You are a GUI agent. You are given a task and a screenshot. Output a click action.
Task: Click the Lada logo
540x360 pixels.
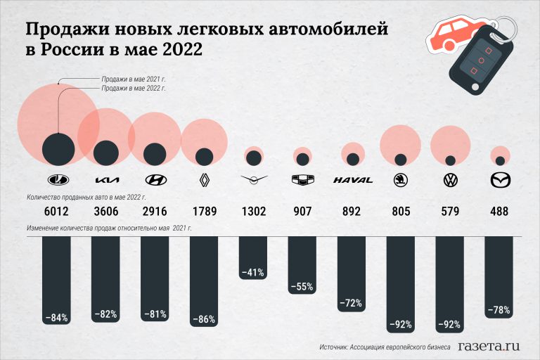click(58, 179)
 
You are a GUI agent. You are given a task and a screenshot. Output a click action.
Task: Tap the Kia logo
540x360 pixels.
click(107, 180)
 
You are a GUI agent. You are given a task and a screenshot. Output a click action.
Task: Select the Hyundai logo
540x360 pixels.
click(155, 179)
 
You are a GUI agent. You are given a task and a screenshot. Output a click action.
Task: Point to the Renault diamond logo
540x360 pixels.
click(204, 180)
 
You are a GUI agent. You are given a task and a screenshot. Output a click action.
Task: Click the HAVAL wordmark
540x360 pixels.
click(353, 180)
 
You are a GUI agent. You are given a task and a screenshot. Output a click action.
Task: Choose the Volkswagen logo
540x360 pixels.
click(450, 180)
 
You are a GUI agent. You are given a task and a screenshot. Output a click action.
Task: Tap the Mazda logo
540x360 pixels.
click(500, 180)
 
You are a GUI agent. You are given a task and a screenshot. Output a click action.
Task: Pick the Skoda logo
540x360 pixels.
click(401, 180)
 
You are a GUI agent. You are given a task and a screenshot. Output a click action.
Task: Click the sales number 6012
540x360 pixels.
click(56, 211)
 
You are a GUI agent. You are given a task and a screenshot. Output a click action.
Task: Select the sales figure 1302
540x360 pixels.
click(254, 211)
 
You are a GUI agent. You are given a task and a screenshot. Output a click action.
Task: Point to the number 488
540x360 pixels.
click(499, 211)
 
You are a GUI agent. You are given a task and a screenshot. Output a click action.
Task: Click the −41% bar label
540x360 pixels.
click(253, 273)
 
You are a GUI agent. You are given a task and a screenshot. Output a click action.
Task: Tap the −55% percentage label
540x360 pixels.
click(302, 287)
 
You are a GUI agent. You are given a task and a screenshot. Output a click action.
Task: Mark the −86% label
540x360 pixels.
click(204, 319)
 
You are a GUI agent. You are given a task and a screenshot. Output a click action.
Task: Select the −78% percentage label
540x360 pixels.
click(499, 310)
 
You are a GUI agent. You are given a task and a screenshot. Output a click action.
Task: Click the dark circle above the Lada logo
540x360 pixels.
click(58, 150)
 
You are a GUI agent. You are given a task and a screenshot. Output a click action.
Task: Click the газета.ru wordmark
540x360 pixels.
click(489, 346)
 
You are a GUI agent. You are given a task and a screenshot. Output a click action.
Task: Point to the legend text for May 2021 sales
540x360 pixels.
click(134, 79)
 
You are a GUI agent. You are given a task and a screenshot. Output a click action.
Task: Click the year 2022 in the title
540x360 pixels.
click(182, 49)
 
